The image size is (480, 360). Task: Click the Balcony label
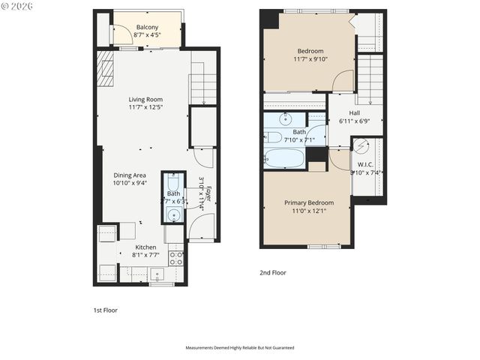[x=146, y=27]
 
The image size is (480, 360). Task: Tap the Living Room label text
[x=145, y=99]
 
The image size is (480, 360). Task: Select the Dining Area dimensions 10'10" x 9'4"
[x=130, y=182]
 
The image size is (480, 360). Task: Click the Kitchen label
[x=145, y=247]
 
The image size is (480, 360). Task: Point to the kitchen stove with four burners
[x=177, y=258]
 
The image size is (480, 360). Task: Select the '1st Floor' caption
[x=105, y=310]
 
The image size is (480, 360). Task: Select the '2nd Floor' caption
[x=274, y=273]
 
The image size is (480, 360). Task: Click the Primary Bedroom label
[x=308, y=202]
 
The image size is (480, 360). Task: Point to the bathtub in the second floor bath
[x=285, y=158]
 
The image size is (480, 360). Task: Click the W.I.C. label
[x=365, y=164]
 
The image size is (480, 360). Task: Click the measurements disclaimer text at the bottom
[x=240, y=348]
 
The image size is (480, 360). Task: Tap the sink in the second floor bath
[x=286, y=119]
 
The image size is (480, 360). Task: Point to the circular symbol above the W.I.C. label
[x=362, y=146]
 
